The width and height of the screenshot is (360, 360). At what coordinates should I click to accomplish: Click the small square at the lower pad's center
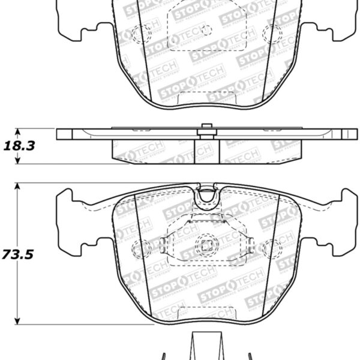[207, 245]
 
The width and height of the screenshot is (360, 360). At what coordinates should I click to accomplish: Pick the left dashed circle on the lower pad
[144, 245]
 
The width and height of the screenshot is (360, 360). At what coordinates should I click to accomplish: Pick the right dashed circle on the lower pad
[272, 245]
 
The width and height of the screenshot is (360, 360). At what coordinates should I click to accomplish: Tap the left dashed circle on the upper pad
[144, 35]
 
